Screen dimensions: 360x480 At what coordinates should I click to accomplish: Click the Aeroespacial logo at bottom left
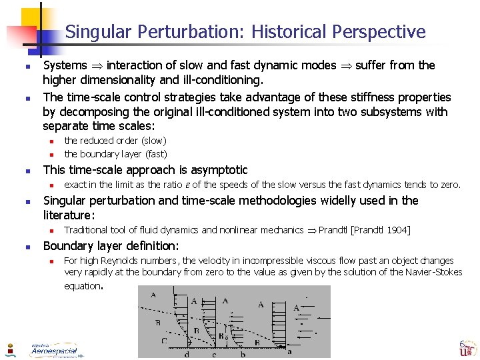pyautogui.click(x=53, y=350)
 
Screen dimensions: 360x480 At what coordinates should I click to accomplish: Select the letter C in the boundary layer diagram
pyautogui.click(x=164, y=341)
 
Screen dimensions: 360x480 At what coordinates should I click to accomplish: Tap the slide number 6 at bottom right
pyautogui.click(x=461, y=344)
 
